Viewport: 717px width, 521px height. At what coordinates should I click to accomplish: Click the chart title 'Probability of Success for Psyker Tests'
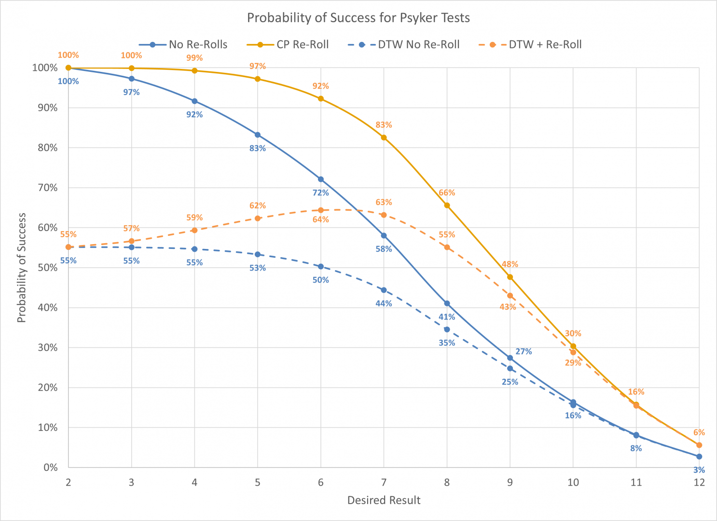[x=358, y=18]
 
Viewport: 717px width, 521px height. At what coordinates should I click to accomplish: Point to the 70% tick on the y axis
[x=47, y=188]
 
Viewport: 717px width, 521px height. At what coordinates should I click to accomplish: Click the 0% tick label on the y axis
[x=50, y=467]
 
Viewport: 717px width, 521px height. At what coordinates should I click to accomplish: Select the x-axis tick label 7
[x=384, y=482]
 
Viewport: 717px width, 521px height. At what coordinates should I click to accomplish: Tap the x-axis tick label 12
[x=699, y=482]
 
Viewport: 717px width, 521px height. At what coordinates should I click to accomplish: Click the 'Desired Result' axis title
[x=384, y=500]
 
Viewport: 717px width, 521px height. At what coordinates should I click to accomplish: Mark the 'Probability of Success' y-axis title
[x=21, y=268]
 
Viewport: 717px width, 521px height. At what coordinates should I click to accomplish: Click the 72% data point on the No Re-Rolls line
[x=321, y=179]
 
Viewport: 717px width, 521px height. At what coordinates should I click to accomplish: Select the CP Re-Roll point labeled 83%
[x=384, y=137]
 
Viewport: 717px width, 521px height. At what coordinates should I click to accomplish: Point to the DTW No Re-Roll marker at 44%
[x=384, y=290]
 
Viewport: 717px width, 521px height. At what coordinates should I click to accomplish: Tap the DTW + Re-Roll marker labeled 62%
[x=258, y=218]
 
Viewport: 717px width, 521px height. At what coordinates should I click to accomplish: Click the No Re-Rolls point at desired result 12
[x=699, y=456]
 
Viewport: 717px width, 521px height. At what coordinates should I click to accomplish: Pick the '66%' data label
[x=447, y=192]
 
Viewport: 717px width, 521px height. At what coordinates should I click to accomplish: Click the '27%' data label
[x=524, y=352]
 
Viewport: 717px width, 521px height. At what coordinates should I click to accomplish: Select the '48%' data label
[x=510, y=264]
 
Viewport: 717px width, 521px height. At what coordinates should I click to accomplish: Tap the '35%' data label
[x=447, y=343]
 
